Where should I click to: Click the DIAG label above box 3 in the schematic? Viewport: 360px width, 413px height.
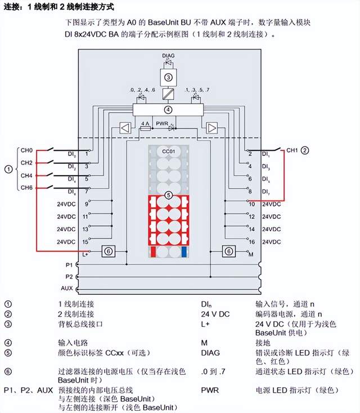click(168, 56)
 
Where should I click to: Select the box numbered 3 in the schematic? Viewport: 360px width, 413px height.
click(168, 77)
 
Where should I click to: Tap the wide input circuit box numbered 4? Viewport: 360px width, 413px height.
click(168, 109)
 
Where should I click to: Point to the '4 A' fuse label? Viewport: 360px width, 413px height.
click(145, 122)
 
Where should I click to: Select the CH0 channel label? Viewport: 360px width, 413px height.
click(27, 150)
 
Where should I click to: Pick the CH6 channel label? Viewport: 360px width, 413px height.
click(27, 187)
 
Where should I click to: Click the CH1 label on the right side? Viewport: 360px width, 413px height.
click(292, 150)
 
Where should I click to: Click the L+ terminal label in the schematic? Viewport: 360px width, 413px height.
click(85, 254)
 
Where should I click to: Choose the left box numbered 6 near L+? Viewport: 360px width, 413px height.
click(109, 251)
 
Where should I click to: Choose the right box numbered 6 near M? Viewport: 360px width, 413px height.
click(228, 251)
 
